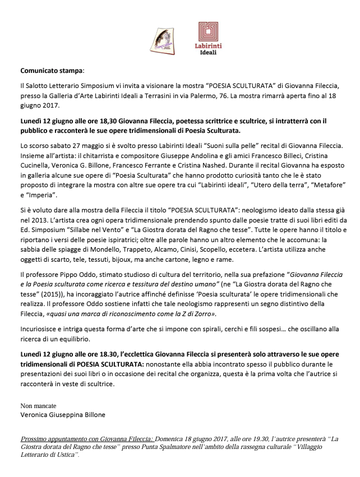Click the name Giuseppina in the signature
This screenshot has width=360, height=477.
(71, 415)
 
